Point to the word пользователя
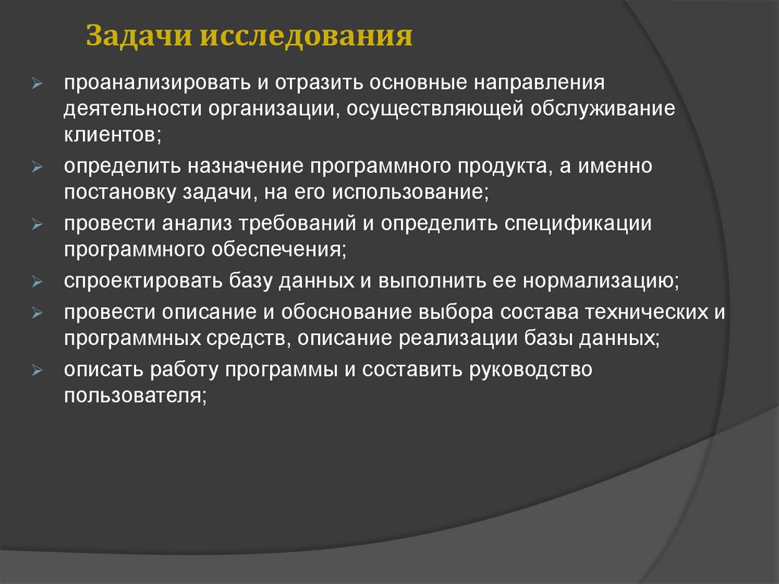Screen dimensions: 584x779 135,395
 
